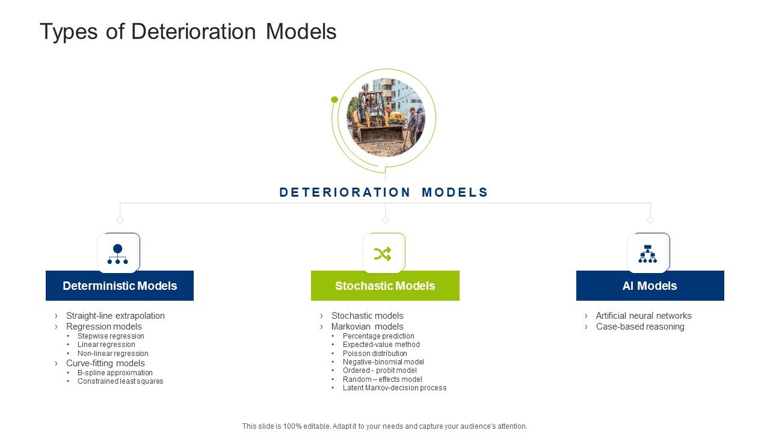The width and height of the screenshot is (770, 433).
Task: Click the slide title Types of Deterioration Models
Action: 188,32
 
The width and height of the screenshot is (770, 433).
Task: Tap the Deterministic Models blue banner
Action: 120,286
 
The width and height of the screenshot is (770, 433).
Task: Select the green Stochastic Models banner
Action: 385,286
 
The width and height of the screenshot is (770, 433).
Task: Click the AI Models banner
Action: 650,286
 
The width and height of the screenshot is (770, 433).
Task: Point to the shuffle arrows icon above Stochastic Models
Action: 383,254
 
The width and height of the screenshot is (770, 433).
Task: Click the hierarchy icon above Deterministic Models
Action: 118,254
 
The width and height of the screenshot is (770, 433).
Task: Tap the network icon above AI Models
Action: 648,254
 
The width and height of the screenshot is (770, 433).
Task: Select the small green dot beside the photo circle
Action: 334,100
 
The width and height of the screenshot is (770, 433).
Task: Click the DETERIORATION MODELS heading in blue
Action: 384,192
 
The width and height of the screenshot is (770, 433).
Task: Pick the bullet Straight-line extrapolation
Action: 115,316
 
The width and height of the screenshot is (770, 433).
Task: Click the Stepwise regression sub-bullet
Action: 111,336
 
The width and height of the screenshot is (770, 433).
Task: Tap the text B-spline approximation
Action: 115,373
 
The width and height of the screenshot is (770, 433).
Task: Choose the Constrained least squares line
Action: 120,381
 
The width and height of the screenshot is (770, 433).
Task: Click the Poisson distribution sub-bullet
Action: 375,354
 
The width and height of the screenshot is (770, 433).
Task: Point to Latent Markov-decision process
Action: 395,388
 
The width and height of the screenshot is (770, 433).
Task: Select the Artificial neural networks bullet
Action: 644,316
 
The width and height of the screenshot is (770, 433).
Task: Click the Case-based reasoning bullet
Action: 640,327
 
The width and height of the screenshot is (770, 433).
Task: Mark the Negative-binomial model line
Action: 383,362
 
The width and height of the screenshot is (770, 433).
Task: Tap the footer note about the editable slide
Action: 385,426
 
